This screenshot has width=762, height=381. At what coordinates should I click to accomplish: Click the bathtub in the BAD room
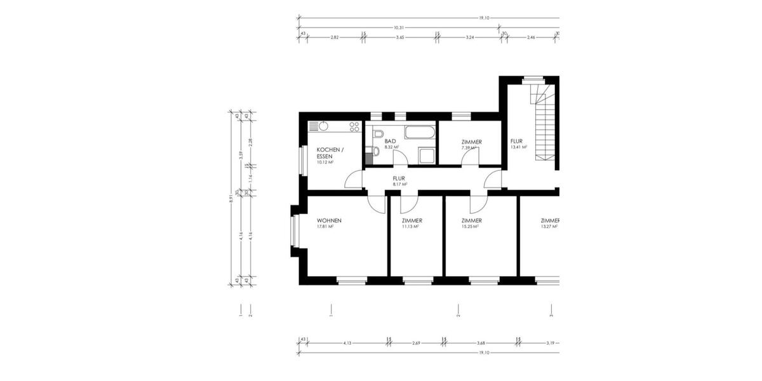pyautogui.click(x=420, y=133)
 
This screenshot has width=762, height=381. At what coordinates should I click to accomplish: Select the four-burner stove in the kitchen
pyautogui.click(x=354, y=127)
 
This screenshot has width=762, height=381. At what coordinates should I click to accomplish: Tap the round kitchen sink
pyautogui.click(x=324, y=126)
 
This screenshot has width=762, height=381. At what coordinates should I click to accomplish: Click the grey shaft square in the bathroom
pyautogui.click(x=369, y=159)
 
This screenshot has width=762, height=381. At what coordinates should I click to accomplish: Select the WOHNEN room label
pyautogui.click(x=329, y=220)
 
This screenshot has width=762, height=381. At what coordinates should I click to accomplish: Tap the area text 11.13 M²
pyautogui.click(x=411, y=226)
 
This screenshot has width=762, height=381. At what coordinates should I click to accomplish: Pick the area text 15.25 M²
pyautogui.click(x=471, y=226)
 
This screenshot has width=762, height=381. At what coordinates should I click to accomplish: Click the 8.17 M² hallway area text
pyautogui.click(x=399, y=184)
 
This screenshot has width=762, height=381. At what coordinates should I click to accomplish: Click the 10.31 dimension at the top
pyautogui.click(x=399, y=27)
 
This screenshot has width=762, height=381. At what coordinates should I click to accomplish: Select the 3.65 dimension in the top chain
pyautogui.click(x=400, y=38)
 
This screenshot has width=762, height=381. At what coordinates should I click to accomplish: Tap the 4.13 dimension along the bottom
pyautogui.click(x=347, y=343)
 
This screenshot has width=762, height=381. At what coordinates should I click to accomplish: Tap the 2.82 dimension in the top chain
pyautogui.click(x=334, y=38)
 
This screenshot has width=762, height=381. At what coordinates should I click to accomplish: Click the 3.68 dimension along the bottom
pyautogui.click(x=481, y=343)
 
